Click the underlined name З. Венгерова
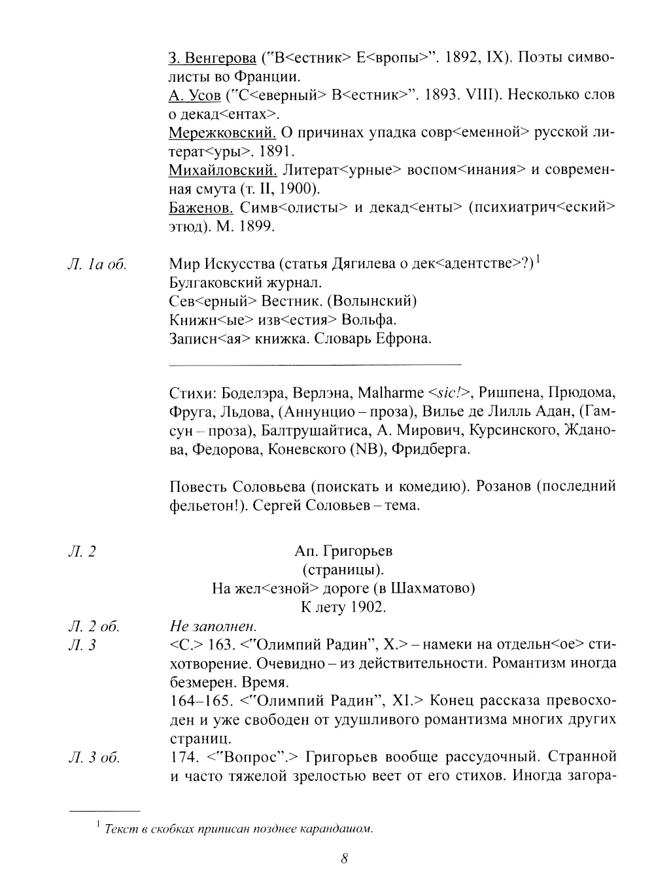point(213,58)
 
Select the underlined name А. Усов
point(195,95)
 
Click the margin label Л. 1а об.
point(97,264)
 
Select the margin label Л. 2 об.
point(93,626)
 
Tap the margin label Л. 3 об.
point(93,758)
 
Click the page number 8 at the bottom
point(344,859)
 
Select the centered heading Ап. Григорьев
point(343,551)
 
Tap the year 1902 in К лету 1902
point(368,607)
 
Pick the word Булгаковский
point(219,283)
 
